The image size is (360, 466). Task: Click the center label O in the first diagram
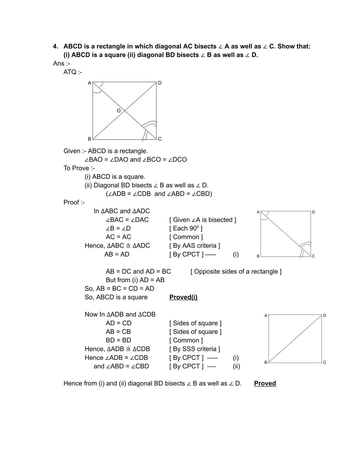coord(119,111)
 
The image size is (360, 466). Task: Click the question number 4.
coord(55,46)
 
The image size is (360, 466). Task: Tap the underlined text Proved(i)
coord(183,297)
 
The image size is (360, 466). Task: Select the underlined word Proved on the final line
coord(265,383)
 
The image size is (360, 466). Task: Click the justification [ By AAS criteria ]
coord(194,246)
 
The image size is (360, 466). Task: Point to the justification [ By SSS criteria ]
coord(194,349)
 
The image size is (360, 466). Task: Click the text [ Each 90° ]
coord(186,228)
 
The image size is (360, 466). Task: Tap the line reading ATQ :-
coord(73,72)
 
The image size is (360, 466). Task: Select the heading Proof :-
coord(74,202)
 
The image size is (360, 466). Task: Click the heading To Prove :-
coord(79,168)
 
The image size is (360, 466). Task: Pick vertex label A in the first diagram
coord(89,83)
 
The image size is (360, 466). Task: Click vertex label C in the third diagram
coord(324,362)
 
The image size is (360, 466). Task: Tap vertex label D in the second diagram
coord(314,212)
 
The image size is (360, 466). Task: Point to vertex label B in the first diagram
coord(89,139)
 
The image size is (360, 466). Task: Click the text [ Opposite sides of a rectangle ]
coord(236,272)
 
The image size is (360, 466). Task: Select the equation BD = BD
coord(118,340)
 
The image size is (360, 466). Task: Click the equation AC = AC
coord(118,237)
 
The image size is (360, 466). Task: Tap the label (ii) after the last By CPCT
coord(236,366)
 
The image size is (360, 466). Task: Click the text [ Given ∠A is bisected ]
coord(203,220)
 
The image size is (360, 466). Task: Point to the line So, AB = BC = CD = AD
coord(119,289)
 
